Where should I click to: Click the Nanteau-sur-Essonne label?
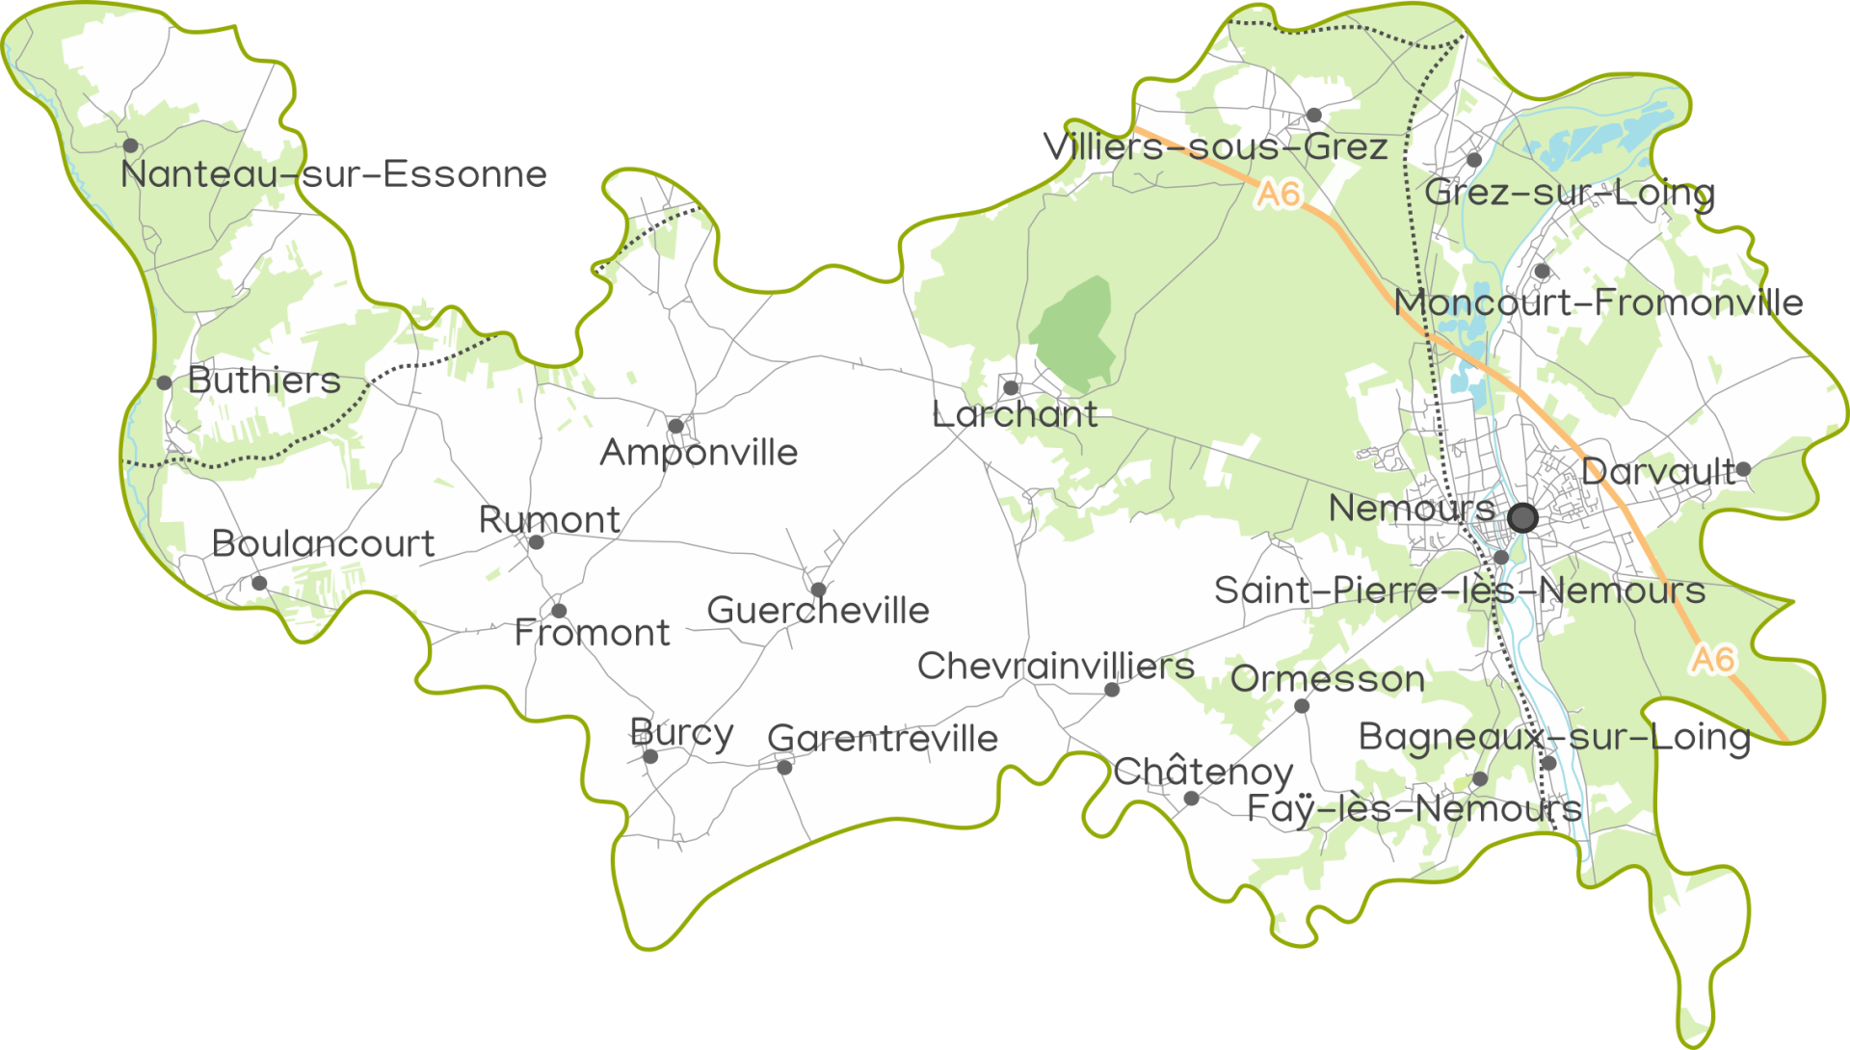coord(333,174)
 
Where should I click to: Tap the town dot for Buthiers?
coord(165,383)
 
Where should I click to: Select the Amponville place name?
coord(699,453)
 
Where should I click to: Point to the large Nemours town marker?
coord(1522,518)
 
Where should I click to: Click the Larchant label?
coord(1015,415)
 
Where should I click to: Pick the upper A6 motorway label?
coord(1279,195)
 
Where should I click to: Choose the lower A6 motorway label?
coord(1713,660)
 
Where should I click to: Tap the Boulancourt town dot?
coord(259,583)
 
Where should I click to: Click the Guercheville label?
coord(818,611)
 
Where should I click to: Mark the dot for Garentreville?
coord(784,768)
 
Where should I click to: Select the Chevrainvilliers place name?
coord(1056,666)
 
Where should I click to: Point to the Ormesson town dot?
coord(1302,706)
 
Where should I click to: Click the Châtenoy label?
coord(1203,772)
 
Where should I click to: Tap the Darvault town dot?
coord(1743,470)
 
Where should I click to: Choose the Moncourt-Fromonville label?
coord(1599,303)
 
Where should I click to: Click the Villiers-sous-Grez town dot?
coord(1314,116)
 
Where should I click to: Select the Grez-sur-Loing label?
coord(1570,193)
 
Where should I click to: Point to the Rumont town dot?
coord(537,542)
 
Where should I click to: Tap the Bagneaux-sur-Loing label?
coord(1553,738)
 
